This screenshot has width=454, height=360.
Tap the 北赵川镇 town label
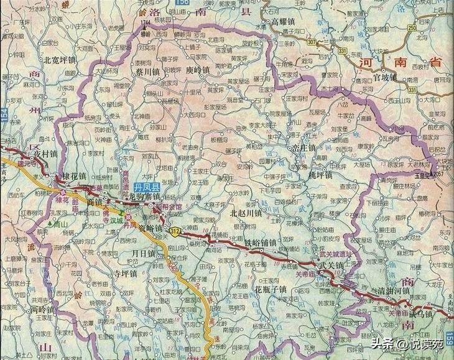click(247, 212)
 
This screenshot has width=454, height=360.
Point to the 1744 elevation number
click(146, 24)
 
